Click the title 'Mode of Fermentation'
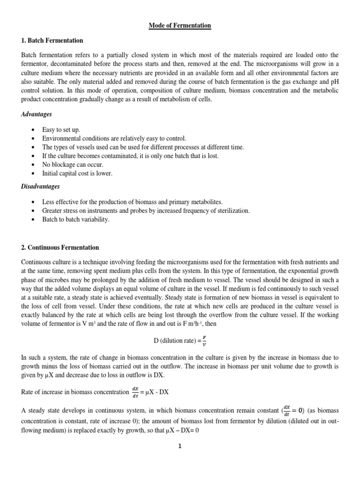pos(180,25)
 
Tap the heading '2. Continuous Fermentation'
pos(60,247)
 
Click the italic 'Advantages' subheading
pos(37,114)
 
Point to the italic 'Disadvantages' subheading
pos(41,187)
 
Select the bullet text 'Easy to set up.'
pos(61,129)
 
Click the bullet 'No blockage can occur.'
pos(72,165)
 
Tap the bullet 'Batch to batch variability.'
pos(75,219)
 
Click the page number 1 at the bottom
pos(180,446)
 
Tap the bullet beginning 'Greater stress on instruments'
pos(146,210)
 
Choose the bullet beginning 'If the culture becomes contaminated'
pos(130,156)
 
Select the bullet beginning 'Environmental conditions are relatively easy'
pos(114,138)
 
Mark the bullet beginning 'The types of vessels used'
pos(143,147)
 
